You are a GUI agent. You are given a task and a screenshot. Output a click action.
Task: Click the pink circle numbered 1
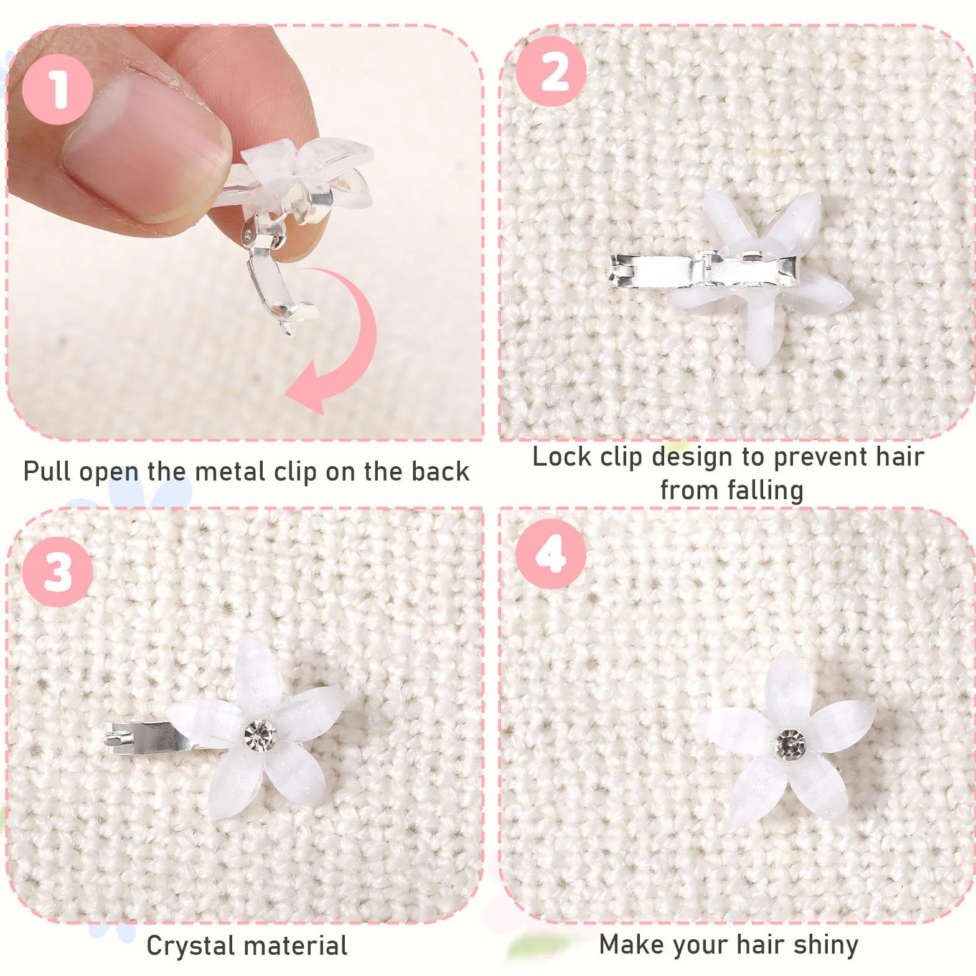tap(57, 88)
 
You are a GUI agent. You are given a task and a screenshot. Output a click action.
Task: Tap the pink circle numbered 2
tap(551, 70)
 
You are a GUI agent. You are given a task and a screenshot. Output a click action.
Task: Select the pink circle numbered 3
tap(57, 571)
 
